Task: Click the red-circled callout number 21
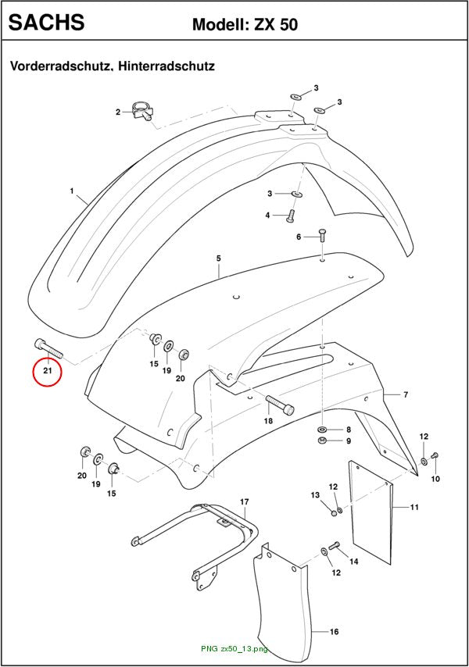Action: click(47, 370)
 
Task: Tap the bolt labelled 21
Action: click(48, 348)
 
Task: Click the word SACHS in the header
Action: click(46, 22)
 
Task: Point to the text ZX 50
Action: click(276, 25)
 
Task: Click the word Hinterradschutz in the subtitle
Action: click(166, 66)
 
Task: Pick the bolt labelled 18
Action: click(280, 404)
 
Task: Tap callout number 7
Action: click(406, 394)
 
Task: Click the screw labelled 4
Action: click(291, 216)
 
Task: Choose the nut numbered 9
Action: click(322, 440)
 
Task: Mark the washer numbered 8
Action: click(322, 429)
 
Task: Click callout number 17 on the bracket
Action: click(245, 502)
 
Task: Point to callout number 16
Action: click(335, 632)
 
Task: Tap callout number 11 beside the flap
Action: click(414, 507)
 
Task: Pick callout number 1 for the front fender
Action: click(72, 191)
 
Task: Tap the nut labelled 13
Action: click(334, 513)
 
